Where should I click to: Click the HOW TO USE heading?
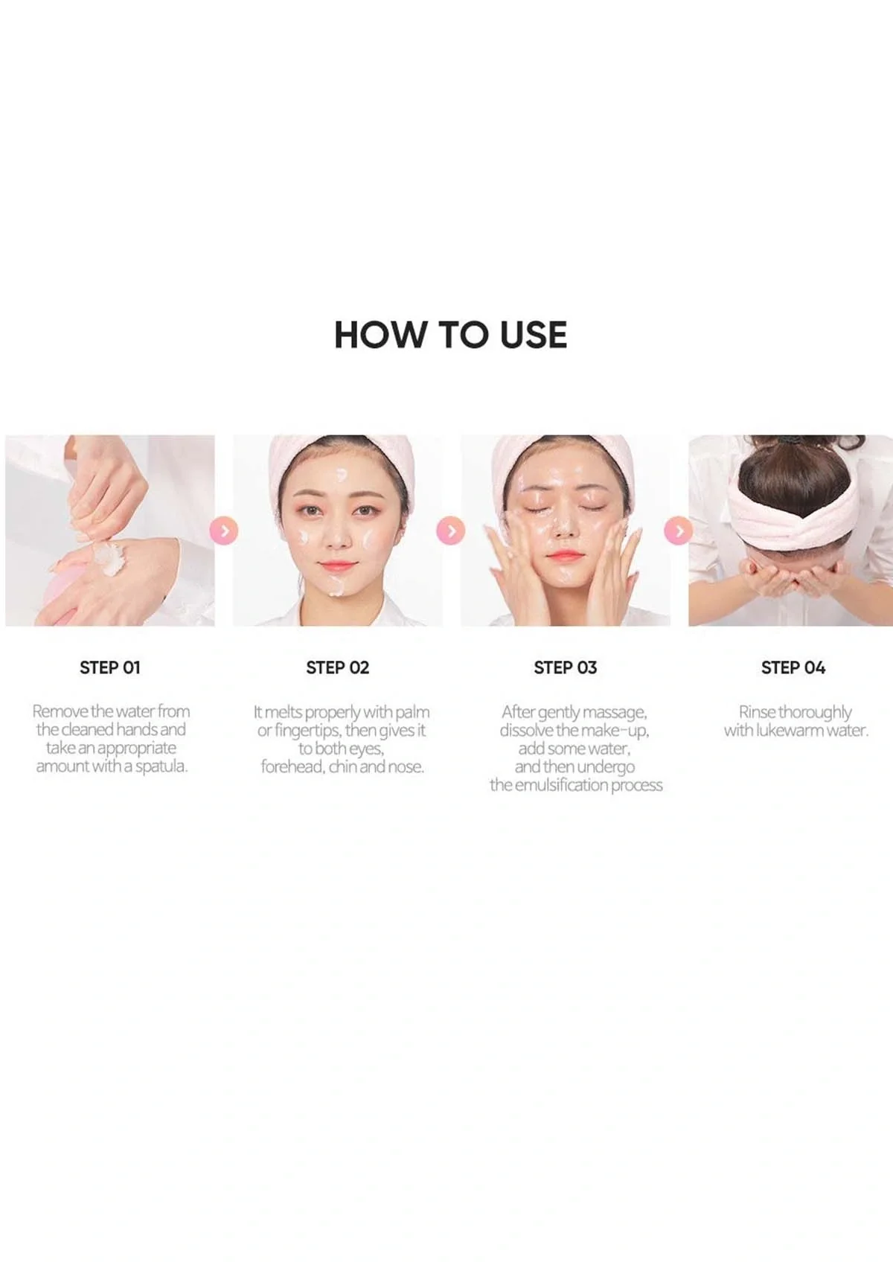[450, 335]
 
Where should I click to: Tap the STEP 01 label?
[109, 667]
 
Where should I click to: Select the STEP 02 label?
[337, 667]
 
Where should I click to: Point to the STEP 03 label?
[565, 667]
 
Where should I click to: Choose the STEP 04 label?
[793, 667]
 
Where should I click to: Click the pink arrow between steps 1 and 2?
[224, 531]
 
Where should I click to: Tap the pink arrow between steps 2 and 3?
[451, 531]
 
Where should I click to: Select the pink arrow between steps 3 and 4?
[678, 531]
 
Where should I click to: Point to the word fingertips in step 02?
[307, 730]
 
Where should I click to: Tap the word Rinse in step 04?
[757, 712]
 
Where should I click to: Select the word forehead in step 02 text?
[292, 766]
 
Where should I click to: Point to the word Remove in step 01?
[60, 711]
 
